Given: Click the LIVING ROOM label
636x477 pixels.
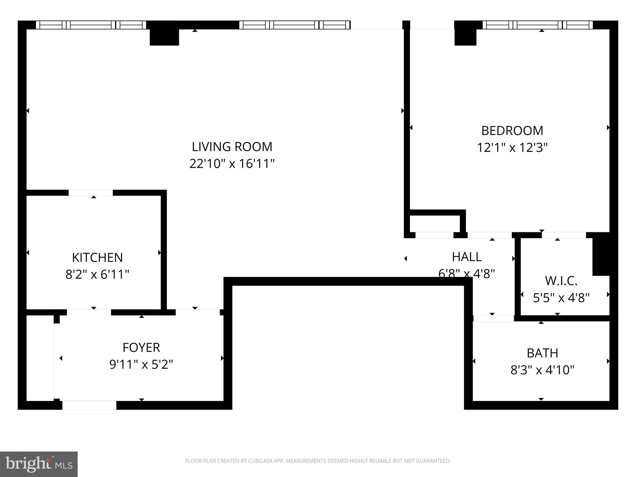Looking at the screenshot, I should click(232, 147).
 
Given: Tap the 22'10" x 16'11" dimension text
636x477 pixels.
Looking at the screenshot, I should click(232, 164).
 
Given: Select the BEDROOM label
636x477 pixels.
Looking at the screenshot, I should click(512, 130).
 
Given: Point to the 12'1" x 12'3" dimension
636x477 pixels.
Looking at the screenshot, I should click(512, 148).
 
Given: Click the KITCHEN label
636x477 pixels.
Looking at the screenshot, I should click(97, 257).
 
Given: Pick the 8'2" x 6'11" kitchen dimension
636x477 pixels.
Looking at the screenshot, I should click(97, 275).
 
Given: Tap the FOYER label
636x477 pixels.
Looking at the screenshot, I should click(141, 347).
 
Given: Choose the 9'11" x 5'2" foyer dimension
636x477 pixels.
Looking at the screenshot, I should click(141, 364).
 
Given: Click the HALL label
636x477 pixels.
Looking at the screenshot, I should click(467, 257).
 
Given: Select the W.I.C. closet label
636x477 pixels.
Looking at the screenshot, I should click(561, 281).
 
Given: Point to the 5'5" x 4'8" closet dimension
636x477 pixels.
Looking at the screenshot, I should click(561, 298).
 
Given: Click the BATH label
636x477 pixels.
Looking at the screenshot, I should click(543, 353).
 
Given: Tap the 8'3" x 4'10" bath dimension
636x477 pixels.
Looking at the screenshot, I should click(543, 370).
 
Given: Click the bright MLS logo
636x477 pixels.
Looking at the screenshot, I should click(39, 464).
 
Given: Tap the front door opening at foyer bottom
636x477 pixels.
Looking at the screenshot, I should click(89, 405).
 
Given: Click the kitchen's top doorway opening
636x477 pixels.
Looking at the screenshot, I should click(90, 193).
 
